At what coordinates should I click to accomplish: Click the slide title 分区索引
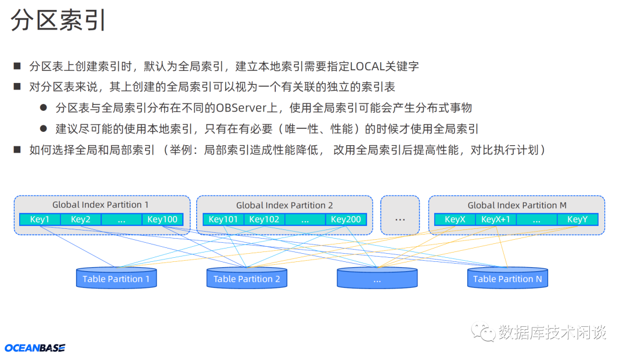[59, 21]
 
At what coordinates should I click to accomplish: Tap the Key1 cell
[39, 219]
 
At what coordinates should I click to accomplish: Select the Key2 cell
[80, 219]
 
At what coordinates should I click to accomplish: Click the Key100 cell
[163, 219]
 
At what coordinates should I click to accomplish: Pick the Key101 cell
[224, 219]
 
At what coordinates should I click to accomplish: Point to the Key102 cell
[264, 219]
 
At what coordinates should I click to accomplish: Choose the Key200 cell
[346, 219]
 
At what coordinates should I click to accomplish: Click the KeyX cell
[455, 219]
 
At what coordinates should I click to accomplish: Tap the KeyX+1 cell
[496, 219]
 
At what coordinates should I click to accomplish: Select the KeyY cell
[578, 219]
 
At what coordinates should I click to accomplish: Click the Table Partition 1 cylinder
[116, 279]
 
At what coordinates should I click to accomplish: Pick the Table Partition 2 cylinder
[247, 279]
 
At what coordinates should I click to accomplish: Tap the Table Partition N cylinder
[507, 279]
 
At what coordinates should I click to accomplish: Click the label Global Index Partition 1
[100, 204]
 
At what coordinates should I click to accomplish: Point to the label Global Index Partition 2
[284, 205]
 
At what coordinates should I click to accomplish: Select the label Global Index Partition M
[517, 205]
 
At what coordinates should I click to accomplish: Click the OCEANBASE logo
[35, 348]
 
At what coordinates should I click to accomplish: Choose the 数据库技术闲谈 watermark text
[552, 332]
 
